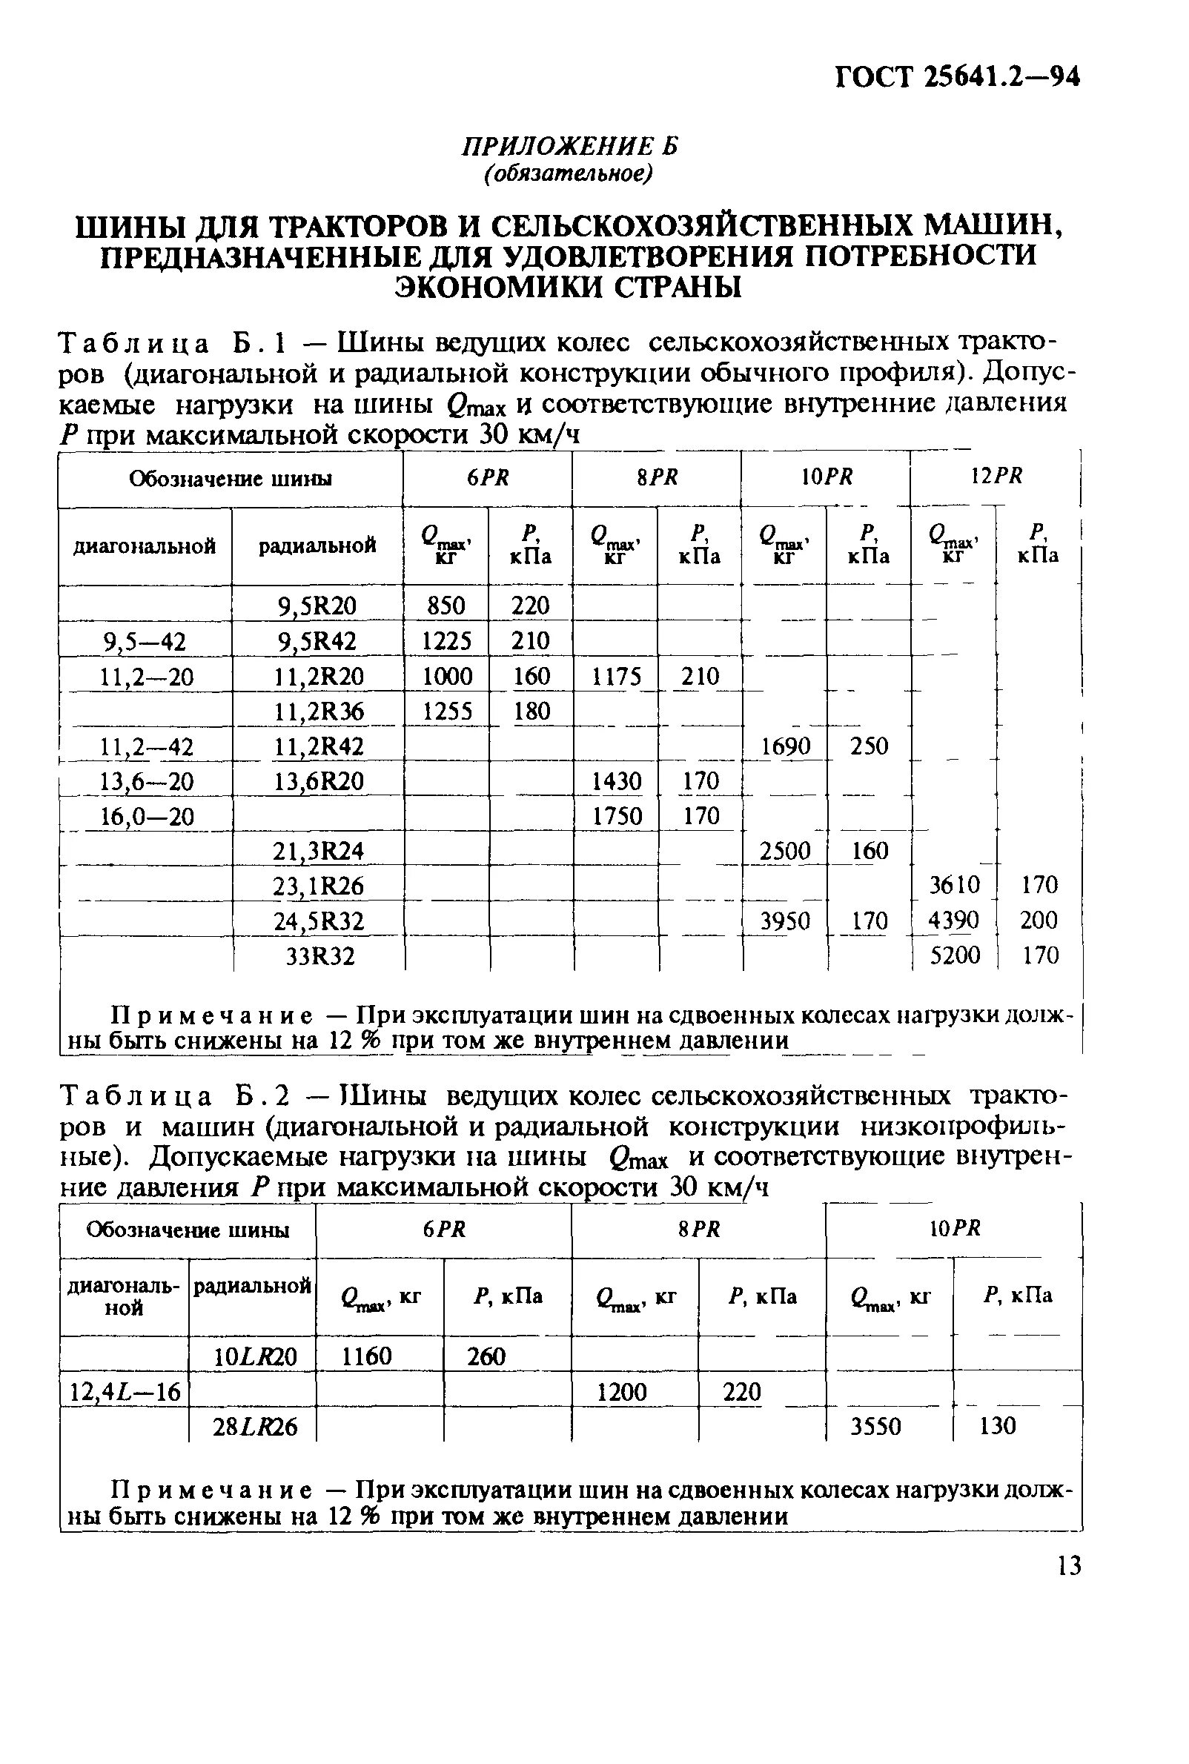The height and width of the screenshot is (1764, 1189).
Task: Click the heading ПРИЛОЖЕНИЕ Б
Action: tap(569, 145)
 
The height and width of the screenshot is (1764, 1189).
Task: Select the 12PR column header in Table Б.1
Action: tap(996, 476)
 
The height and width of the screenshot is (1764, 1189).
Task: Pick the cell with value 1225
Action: tap(446, 641)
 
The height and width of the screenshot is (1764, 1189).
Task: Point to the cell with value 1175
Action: tap(616, 676)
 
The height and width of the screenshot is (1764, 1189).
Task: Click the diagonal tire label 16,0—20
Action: tap(147, 817)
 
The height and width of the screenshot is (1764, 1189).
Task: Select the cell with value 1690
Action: tap(786, 746)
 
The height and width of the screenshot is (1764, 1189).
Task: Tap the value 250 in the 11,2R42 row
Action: tap(869, 746)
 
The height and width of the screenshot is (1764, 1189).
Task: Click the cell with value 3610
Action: tap(955, 885)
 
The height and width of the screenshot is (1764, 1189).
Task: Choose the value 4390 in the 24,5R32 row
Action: tap(954, 921)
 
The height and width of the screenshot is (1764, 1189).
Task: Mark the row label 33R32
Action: tap(319, 956)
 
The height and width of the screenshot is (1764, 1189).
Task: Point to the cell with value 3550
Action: tap(876, 1427)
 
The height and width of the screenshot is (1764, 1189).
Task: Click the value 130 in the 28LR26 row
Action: tap(997, 1427)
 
